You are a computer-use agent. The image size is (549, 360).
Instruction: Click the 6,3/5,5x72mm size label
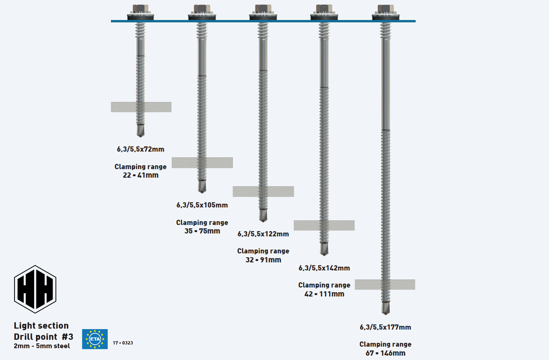coord(140,149)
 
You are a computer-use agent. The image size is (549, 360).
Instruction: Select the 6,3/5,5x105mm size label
coord(202,205)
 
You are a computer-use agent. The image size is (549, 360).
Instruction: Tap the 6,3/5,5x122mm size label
coord(263,234)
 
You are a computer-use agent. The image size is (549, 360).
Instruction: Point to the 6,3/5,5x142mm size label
coord(324,268)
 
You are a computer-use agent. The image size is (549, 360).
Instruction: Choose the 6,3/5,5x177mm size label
coord(385,327)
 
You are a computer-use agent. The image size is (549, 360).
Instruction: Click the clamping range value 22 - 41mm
coord(141,175)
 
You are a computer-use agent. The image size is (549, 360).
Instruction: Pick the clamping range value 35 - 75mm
coord(202,231)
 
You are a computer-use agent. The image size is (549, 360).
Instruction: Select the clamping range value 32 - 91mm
coord(263,260)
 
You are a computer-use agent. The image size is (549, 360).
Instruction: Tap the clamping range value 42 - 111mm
coord(324,294)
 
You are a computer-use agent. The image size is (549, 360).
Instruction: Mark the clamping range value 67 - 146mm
coord(385,353)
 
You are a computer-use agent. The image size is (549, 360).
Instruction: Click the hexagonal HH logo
coord(35,289)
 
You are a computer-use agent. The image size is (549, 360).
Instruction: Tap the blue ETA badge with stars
coord(95,339)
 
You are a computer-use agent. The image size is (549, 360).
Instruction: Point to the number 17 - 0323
coord(123,343)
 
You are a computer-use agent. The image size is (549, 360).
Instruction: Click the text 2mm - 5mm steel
coord(42,346)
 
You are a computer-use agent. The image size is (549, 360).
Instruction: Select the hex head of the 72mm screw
coord(141,9)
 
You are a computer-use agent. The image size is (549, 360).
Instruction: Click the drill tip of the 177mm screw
coord(386,308)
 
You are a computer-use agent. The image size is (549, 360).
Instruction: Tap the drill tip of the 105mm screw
coord(202,187)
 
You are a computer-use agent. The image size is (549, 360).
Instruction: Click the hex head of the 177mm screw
coord(386,9)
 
